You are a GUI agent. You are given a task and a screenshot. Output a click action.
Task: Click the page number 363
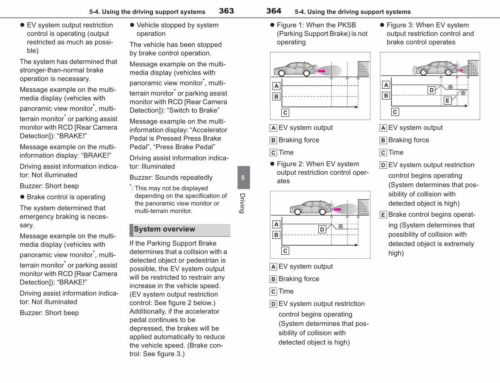(226, 11)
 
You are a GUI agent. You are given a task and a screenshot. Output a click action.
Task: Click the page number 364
(274, 11)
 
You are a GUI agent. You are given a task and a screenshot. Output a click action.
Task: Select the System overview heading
(164, 229)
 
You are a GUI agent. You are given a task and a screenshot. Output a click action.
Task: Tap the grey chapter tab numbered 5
(243, 178)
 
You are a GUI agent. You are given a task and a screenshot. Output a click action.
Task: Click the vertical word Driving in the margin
(242, 203)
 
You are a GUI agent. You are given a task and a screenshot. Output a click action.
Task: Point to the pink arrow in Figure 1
(321, 71)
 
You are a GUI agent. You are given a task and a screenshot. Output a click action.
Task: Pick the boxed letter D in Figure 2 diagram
(322, 229)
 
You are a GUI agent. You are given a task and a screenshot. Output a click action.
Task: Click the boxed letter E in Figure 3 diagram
(447, 100)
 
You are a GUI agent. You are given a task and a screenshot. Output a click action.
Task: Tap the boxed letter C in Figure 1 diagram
(285, 113)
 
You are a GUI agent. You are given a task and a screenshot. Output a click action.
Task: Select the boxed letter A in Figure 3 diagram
(386, 85)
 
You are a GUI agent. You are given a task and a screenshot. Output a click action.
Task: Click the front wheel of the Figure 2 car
(322, 212)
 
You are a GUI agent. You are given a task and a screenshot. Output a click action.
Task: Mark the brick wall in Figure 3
(473, 68)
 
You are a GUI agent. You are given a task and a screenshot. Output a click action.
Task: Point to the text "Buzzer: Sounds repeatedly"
(171, 178)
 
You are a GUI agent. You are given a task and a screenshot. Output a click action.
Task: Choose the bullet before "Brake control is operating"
(22, 197)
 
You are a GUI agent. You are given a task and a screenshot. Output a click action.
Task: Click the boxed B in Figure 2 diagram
(276, 235)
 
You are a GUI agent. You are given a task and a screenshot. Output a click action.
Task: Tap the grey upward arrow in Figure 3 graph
(463, 93)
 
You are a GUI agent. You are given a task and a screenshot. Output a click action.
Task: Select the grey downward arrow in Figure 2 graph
(340, 226)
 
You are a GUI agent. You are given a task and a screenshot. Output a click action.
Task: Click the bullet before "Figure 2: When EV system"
(272, 164)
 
